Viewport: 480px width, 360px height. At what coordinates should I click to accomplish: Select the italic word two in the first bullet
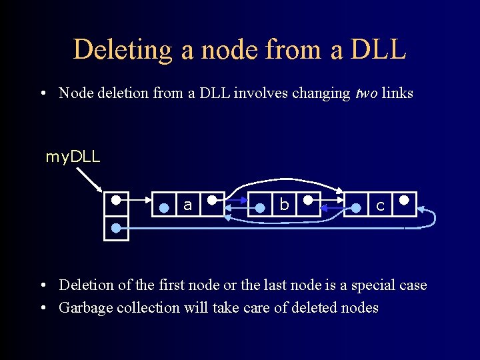[x=364, y=93]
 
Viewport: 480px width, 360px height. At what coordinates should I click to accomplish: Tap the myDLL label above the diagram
[x=73, y=157]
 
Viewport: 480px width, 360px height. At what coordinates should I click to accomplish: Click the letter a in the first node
[x=188, y=205]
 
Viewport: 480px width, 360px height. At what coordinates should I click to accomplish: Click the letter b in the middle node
[x=284, y=205]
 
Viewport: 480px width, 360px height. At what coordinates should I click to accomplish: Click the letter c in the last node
[x=380, y=206]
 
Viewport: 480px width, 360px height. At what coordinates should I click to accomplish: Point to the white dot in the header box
[x=116, y=199]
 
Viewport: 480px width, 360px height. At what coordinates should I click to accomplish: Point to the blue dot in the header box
[x=116, y=228]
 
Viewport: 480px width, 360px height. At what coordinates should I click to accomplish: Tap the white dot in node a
[x=211, y=199]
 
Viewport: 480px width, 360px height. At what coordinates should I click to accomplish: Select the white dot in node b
[x=307, y=199]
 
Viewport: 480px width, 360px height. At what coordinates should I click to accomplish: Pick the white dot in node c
[x=404, y=199]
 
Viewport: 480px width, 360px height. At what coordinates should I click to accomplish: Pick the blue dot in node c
[x=356, y=208]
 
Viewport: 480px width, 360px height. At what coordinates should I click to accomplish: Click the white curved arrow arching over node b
[x=287, y=179]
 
